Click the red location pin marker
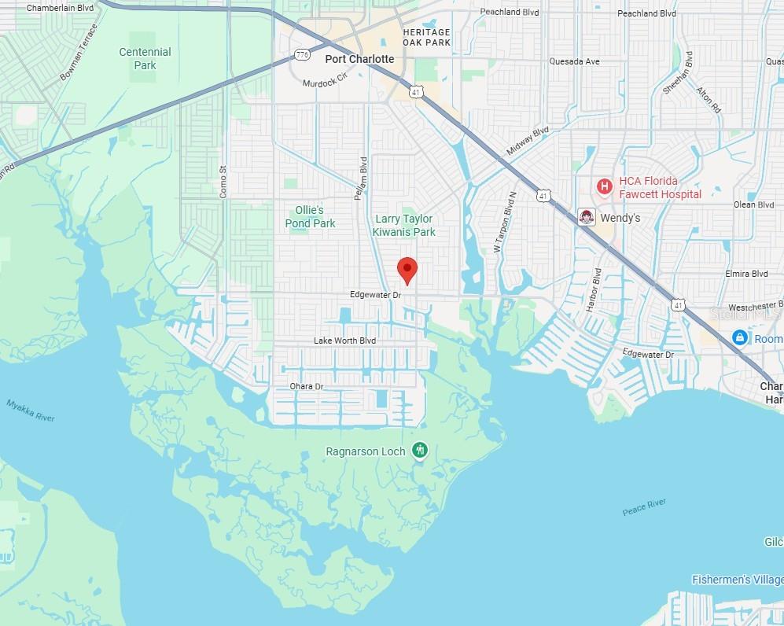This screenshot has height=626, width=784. pyautogui.click(x=407, y=270)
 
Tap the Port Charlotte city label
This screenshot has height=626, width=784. pyautogui.click(x=359, y=59)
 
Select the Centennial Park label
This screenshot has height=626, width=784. pyautogui.click(x=145, y=59)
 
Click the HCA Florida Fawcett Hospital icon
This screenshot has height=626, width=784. pyautogui.click(x=604, y=186)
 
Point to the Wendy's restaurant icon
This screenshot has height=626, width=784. pyautogui.click(x=585, y=217)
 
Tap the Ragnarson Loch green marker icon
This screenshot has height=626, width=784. pyautogui.click(x=420, y=451)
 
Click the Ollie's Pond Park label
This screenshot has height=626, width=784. pyautogui.click(x=310, y=216)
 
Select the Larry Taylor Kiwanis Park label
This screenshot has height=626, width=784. pyautogui.click(x=404, y=225)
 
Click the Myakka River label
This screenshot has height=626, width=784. pyautogui.click(x=31, y=410)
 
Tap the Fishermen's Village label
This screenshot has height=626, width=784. pyautogui.click(x=737, y=580)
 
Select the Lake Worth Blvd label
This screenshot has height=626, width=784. pyautogui.click(x=344, y=341)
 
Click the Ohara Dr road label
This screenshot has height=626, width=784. pyautogui.click(x=307, y=386)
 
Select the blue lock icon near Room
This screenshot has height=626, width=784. pyautogui.click(x=739, y=337)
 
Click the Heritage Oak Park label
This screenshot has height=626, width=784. pyautogui.click(x=426, y=37)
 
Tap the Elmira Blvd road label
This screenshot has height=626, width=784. pyautogui.click(x=748, y=274)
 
